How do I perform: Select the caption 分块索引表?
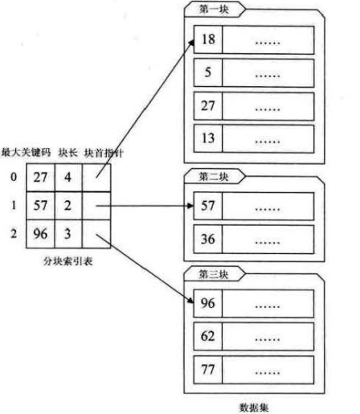pos(66,262)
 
